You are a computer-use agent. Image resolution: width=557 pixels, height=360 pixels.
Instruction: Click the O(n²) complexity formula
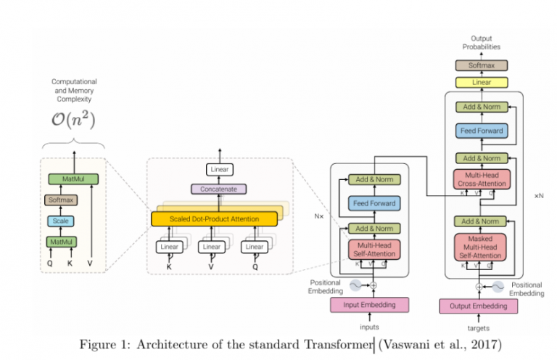coord(73,120)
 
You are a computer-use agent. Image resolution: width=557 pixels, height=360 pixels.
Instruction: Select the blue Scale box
coord(62,221)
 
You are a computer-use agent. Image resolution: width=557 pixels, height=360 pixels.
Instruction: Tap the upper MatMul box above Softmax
coord(73,179)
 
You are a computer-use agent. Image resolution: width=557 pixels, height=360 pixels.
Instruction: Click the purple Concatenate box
coord(218,189)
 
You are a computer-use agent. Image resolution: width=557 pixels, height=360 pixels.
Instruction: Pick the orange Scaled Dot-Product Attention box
coord(214,218)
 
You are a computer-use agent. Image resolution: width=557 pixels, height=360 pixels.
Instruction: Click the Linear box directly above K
coord(168,247)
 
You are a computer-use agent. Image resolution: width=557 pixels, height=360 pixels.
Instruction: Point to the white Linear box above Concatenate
coord(218,170)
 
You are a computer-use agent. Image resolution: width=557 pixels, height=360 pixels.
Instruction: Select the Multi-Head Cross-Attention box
coord(479,179)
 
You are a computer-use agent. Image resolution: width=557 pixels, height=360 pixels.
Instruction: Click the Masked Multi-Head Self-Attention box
coord(479,247)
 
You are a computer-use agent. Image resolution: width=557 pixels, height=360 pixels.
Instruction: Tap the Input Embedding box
coord(370,305)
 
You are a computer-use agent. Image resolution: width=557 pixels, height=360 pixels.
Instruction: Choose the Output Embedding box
coord(479,306)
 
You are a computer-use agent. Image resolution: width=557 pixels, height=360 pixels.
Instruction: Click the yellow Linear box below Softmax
coord(481,82)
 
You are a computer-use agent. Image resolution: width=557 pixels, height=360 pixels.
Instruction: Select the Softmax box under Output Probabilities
coord(481,65)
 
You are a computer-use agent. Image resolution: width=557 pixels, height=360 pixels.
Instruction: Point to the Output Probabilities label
coord(481,42)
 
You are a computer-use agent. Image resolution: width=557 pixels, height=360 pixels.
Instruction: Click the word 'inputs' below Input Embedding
coord(370,327)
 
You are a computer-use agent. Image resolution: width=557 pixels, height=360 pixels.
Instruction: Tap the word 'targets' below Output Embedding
coord(479,328)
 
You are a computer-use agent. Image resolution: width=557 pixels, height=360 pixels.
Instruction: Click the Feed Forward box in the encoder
coord(374,204)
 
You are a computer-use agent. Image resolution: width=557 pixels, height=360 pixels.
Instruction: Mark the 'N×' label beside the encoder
coord(318,216)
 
